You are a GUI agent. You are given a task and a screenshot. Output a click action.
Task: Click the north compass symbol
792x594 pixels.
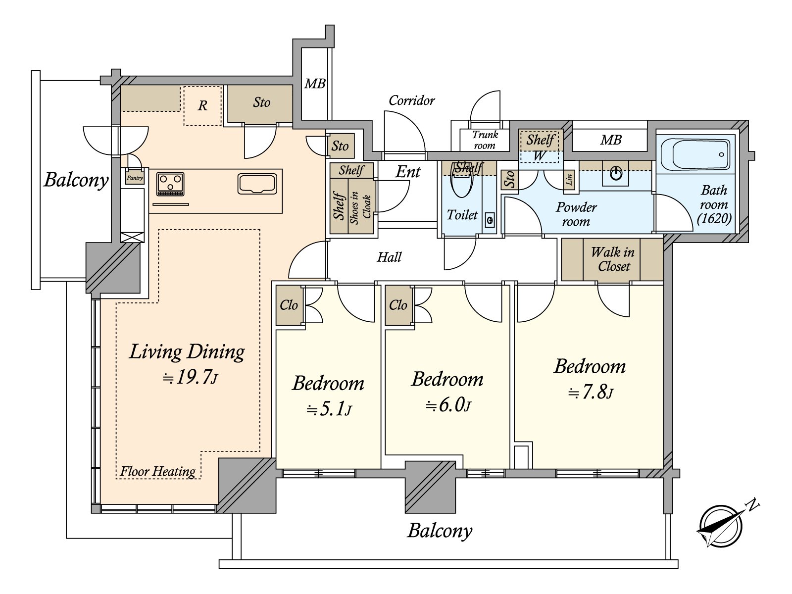point(721,526)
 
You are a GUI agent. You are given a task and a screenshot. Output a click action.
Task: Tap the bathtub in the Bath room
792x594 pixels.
point(695,154)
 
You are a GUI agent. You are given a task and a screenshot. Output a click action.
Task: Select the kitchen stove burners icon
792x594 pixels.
point(170,184)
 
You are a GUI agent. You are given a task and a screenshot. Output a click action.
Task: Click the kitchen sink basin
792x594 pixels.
point(257,184)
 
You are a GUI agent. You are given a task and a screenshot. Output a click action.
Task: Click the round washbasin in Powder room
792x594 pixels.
point(616,174)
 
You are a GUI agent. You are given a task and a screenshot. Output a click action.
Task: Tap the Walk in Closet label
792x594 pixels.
point(613,259)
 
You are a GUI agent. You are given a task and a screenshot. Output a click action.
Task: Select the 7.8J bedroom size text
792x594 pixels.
point(590,393)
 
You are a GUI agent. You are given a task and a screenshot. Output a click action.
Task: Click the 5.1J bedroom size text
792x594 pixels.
point(329,410)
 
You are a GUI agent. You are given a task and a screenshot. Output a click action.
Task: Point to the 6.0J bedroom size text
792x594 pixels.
point(448,406)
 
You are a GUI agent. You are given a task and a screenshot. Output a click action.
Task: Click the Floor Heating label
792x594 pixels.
point(157,471)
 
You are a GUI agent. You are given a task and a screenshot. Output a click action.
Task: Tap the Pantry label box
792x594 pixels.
point(135,178)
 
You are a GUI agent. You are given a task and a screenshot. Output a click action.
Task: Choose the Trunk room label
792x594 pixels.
point(485,140)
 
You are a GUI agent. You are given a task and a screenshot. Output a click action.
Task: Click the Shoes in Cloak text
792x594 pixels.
point(360,207)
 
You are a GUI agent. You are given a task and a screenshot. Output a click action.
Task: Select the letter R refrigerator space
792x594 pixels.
point(202,105)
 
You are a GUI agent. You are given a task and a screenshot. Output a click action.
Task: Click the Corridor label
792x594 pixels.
point(411,100)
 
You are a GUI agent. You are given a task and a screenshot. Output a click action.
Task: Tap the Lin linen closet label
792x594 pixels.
point(569,179)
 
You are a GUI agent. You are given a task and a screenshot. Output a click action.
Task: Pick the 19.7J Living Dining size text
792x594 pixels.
point(190,378)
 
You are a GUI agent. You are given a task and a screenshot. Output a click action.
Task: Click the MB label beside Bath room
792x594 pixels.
point(610,140)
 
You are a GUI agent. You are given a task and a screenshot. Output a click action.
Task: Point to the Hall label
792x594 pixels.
point(389,257)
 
